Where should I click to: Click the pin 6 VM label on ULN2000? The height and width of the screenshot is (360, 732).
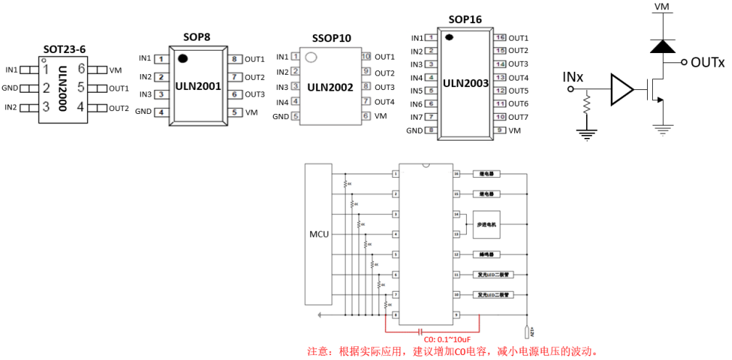pyautogui.click(x=115, y=70)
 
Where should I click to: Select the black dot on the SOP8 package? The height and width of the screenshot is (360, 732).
pyautogui.click(x=183, y=58)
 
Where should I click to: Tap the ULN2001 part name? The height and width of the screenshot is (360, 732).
pyautogui.click(x=198, y=86)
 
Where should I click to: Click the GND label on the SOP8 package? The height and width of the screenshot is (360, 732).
pyautogui.click(x=143, y=112)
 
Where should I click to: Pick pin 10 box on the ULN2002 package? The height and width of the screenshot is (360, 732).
pyautogui.click(x=366, y=57)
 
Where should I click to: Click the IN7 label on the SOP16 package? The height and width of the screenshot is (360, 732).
pyautogui.click(x=416, y=117)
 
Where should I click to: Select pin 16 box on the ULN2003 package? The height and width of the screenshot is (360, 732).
pyautogui.click(x=500, y=38)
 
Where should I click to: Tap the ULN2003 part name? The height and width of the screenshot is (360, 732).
pyautogui.click(x=465, y=83)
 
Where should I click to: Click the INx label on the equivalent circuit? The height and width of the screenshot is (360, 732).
pyautogui.click(x=573, y=76)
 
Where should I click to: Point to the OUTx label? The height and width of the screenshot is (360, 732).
pyautogui.click(x=707, y=63)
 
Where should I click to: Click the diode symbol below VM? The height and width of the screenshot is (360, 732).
pyautogui.click(x=661, y=46)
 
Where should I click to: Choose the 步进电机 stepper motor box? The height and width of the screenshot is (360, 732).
pyautogui.click(x=487, y=224)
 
